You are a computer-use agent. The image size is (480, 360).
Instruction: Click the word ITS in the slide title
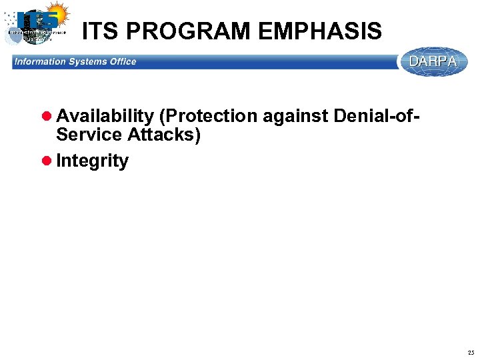[x=101, y=31]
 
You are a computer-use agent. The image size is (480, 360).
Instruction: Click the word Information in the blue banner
[x=40, y=61]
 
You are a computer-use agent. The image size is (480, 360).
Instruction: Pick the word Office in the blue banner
[x=123, y=61]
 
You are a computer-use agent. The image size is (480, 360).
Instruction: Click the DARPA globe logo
[x=434, y=61]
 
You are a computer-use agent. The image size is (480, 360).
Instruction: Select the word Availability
[x=105, y=117]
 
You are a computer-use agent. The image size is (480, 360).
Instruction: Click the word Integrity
[x=93, y=161]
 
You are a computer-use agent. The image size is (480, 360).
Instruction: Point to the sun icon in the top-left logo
[x=57, y=13]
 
